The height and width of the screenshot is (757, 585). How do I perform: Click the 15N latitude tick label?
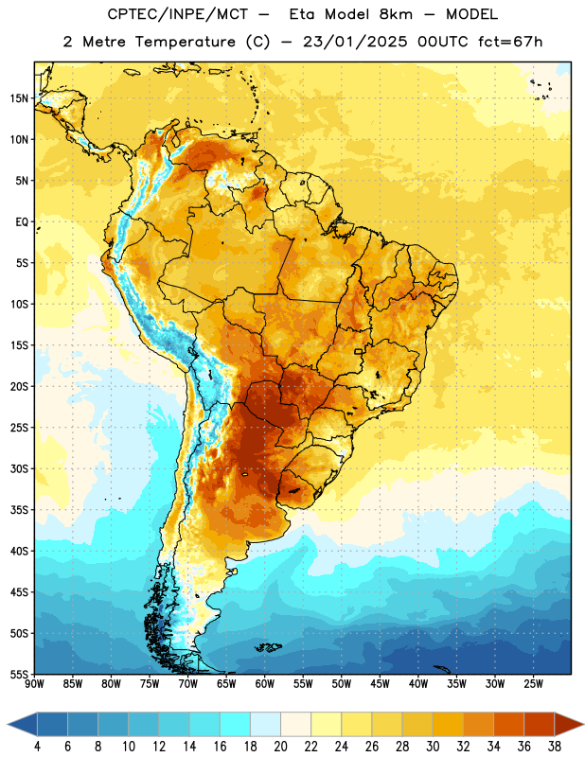pyautogui.click(x=19, y=98)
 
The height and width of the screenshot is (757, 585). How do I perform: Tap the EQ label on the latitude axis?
pyautogui.click(x=22, y=222)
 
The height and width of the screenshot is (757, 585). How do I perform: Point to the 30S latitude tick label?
pyautogui.click(x=19, y=468)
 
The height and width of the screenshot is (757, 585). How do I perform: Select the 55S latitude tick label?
pyautogui.click(x=19, y=675)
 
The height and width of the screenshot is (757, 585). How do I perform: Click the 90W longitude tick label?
pyautogui.click(x=34, y=684)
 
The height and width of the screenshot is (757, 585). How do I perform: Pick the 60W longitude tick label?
pyautogui.click(x=265, y=684)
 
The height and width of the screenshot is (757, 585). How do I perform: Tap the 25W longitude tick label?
pyautogui.click(x=533, y=684)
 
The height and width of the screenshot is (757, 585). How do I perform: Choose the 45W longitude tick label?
pyautogui.click(x=380, y=684)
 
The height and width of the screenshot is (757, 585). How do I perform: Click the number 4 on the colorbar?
pyautogui.click(x=37, y=747)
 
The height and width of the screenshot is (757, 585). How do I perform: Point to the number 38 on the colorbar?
pyautogui.click(x=555, y=747)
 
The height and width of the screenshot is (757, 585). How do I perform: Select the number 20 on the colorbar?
pyautogui.click(x=280, y=747)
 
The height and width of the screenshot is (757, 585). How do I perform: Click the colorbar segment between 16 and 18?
pyautogui.click(x=236, y=724)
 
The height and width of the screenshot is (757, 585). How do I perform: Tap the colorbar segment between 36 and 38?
pyautogui.click(x=540, y=724)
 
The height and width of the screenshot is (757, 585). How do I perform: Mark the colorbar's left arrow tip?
pyautogui.click(x=8, y=724)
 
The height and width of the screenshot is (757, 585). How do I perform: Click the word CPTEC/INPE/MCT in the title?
pyautogui.click(x=178, y=14)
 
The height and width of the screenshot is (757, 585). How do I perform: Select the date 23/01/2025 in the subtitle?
pyautogui.click(x=355, y=42)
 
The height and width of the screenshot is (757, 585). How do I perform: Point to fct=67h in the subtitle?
pyautogui.click(x=510, y=42)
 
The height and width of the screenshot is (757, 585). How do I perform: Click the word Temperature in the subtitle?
pyautogui.click(x=185, y=42)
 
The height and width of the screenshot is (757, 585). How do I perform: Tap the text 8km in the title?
pyautogui.click(x=396, y=14)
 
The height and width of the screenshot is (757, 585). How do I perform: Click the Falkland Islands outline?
pyautogui.click(x=268, y=647)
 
